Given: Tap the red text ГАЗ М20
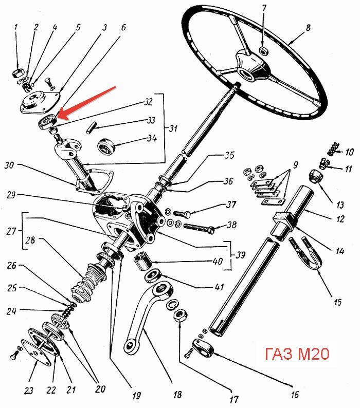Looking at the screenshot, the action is [x=297, y=354].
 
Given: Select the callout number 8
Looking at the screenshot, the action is [x=308, y=28].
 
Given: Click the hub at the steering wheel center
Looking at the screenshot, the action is [x=249, y=66].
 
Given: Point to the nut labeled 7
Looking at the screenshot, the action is [x=264, y=51].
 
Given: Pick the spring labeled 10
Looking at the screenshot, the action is [x=334, y=149].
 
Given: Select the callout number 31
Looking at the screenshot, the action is [x=173, y=128].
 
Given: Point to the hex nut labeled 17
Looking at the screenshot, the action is [x=179, y=316].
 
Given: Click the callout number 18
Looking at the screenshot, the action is [x=177, y=395].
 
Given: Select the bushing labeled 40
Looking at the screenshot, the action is [x=143, y=262].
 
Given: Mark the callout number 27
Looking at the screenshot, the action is [x=11, y=231].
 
